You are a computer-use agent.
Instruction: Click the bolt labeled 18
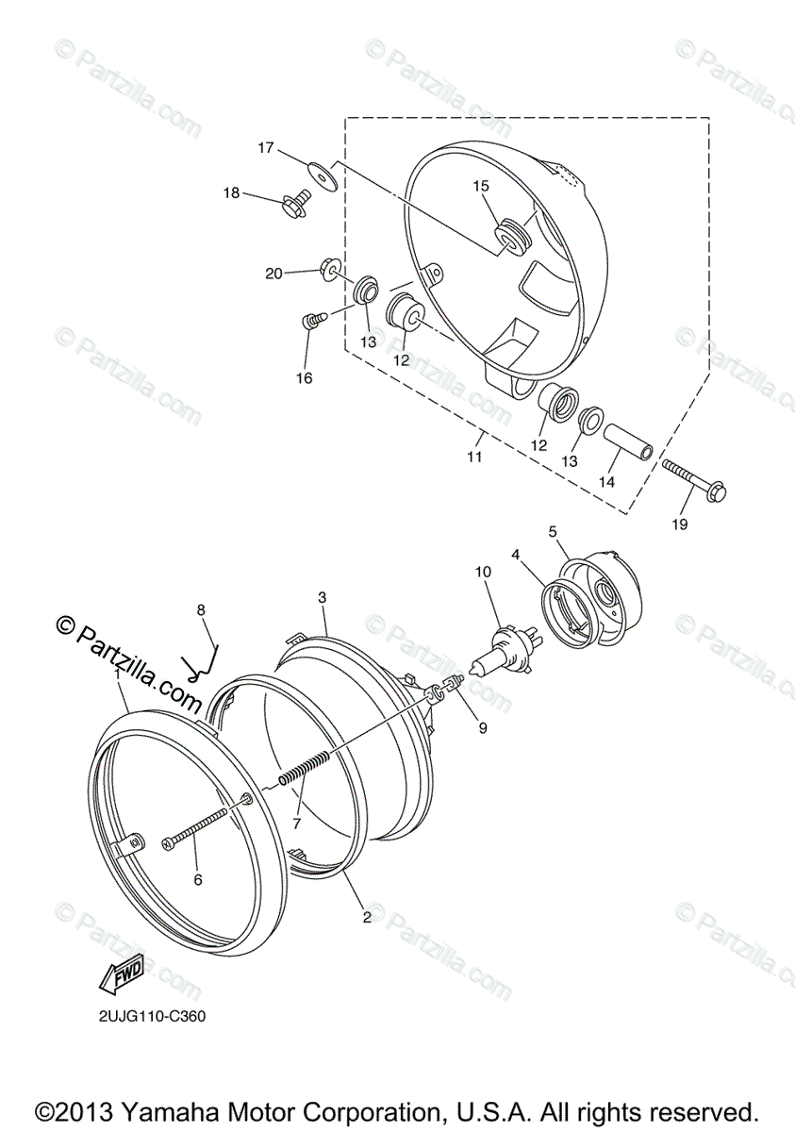pos(294,202)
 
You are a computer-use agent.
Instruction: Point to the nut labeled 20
pos(331,270)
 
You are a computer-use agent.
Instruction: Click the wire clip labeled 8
pos(205,660)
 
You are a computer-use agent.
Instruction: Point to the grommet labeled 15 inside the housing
pos(510,235)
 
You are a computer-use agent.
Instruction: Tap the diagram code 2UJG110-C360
pos(152,1017)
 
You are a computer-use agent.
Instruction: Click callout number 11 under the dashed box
pos(473,457)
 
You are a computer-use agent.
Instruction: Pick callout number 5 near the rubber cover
pos(553,531)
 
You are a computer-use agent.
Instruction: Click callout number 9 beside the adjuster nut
pos(482,727)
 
